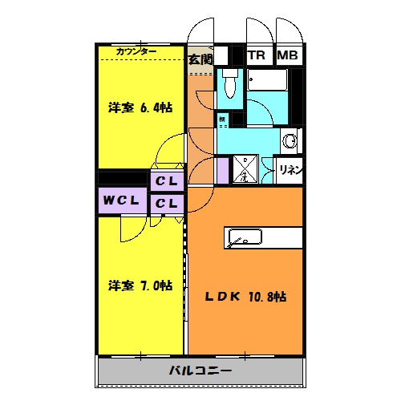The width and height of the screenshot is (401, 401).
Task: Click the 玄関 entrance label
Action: (200, 59)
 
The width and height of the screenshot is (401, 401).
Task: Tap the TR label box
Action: (257, 56)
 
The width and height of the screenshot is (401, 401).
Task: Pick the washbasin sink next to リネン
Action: (290, 142)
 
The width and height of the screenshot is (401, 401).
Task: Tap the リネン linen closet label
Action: (290, 169)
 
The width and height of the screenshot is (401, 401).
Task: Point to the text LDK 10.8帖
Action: (244, 297)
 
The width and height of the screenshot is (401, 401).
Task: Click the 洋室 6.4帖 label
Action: (140, 107)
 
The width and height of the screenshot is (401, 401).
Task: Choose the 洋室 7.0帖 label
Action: (140, 285)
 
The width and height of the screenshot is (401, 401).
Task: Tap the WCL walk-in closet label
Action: (123, 200)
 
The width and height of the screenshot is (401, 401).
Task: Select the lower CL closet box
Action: (167, 204)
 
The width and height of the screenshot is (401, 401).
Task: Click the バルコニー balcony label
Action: (200, 371)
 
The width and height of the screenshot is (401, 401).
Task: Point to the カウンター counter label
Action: (136, 51)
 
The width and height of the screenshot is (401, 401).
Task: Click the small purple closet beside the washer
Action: (222, 170)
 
